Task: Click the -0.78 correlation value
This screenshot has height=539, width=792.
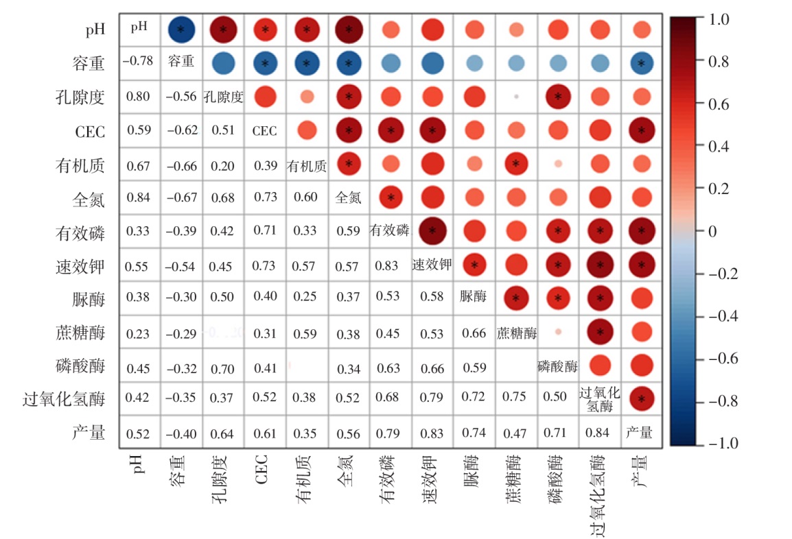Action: pyautogui.click(x=137, y=62)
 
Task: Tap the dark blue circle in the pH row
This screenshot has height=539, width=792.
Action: pyautogui.click(x=181, y=29)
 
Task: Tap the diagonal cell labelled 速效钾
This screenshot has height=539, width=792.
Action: pyautogui.click(x=432, y=264)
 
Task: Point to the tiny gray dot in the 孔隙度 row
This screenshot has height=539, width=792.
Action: pyautogui.click(x=516, y=97)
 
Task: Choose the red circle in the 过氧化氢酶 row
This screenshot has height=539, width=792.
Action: pyautogui.click(x=642, y=398)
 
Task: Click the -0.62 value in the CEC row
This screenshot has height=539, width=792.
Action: pyautogui.click(x=180, y=130)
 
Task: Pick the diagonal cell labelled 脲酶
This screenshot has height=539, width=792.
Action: pyautogui.click(x=474, y=297)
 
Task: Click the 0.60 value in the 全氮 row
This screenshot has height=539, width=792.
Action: pyautogui.click(x=306, y=197)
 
